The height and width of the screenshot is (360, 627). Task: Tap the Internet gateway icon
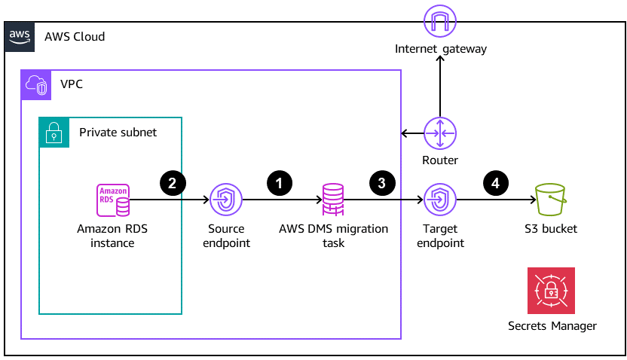click(440, 20)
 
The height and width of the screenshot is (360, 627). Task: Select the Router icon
click(440, 134)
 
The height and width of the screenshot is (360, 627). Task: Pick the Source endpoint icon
click(226, 200)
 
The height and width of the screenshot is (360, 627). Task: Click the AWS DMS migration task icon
click(333, 200)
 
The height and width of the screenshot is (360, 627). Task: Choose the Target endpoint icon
click(440, 200)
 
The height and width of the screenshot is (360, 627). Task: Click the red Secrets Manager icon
click(552, 291)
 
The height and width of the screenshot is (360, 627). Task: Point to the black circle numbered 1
click(280, 182)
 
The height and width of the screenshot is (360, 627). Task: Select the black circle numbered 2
click(173, 182)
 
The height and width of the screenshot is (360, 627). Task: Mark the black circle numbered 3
click(382, 182)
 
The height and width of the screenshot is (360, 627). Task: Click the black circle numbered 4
click(495, 182)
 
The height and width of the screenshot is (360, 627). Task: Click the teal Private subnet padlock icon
click(54, 132)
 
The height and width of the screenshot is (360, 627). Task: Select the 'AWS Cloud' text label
click(75, 37)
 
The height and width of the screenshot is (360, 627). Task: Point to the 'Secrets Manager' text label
click(552, 326)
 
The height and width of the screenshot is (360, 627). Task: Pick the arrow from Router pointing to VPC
click(412, 134)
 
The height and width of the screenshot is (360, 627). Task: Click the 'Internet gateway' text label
click(441, 50)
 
